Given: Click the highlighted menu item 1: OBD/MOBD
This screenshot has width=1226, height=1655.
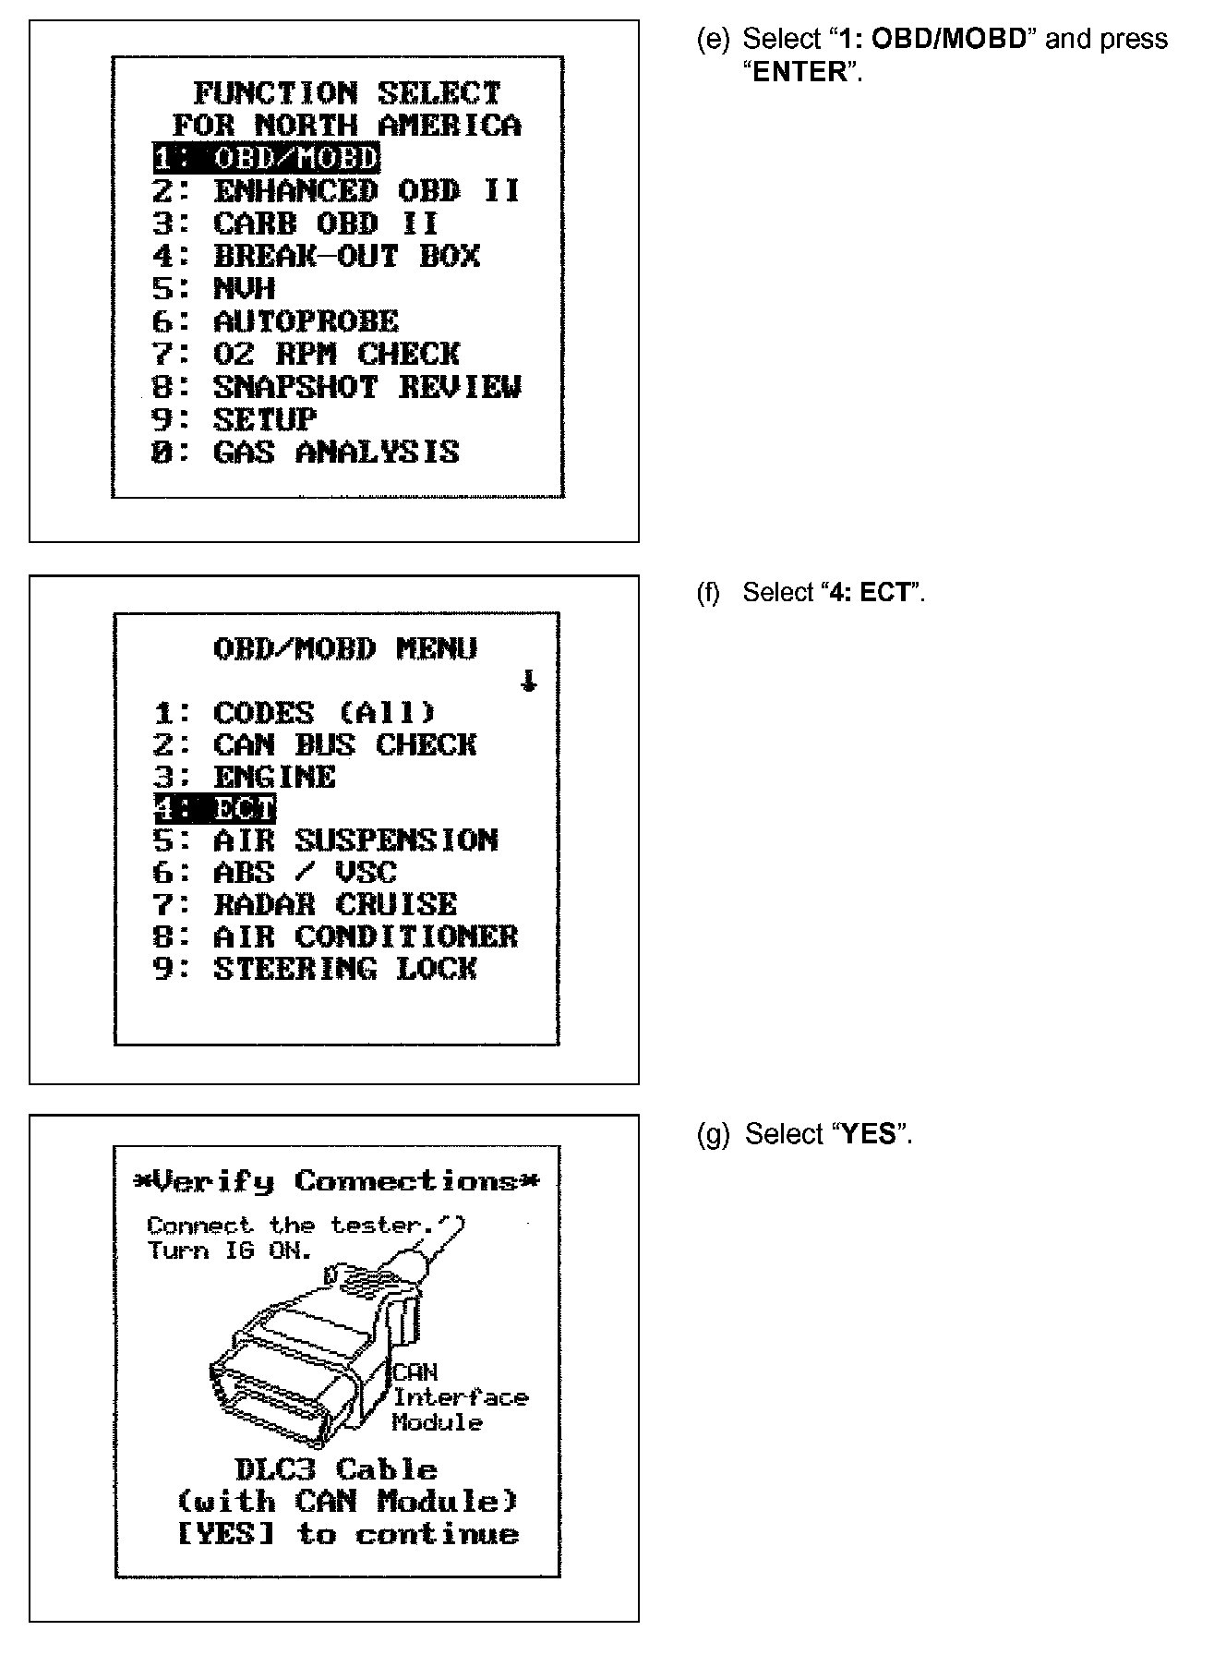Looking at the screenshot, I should coord(266,158).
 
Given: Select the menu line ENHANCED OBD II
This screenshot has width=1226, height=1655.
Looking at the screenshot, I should coord(337,191).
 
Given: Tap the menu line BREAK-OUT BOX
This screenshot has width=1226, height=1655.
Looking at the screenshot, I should coord(316,256).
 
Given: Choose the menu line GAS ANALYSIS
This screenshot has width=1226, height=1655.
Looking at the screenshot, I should coord(305,453).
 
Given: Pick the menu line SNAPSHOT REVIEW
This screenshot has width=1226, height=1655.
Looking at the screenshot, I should coord(337,387).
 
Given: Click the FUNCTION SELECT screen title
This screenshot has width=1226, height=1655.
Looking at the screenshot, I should coord(346,93).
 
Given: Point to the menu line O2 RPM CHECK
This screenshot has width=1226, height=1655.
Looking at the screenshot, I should coord(306,354).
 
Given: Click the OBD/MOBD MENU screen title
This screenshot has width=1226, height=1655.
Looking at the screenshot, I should coord(345,648).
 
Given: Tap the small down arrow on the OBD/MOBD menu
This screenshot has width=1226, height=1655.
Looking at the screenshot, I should coord(528,682).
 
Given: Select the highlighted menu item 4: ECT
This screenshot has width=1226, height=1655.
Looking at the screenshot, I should coord(214,809).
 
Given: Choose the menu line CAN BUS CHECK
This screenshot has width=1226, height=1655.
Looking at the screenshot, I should coord(315,744).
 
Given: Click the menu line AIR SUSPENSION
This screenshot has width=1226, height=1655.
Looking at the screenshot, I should coord(325,840).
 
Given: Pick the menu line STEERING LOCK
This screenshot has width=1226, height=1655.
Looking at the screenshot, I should coord(315,969).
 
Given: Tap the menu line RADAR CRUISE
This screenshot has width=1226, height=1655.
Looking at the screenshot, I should coord(305,904).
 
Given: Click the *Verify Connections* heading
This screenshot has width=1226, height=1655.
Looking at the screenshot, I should coord(336,1181).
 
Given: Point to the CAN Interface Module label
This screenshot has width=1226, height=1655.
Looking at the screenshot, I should coord(459,1397).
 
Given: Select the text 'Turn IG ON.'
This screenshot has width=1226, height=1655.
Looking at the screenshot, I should coord(230,1250).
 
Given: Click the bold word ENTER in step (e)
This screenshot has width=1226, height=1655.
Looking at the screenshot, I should coord(799,72).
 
